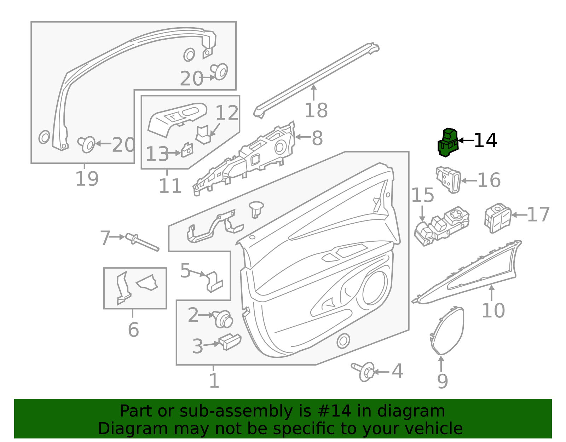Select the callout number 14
(x=485, y=141)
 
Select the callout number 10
(x=493, y=311)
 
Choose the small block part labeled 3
(x=230, y=341)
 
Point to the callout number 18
(x=316, y=110)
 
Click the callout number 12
(x=227, y=113)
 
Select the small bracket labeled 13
(x=187, y=150)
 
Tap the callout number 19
(x=87, y=179)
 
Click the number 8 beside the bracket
(x=317, y=138)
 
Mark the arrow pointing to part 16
(x=468, y=180)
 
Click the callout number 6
(x=133, y=330)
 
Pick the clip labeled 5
(x=214, y=281)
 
